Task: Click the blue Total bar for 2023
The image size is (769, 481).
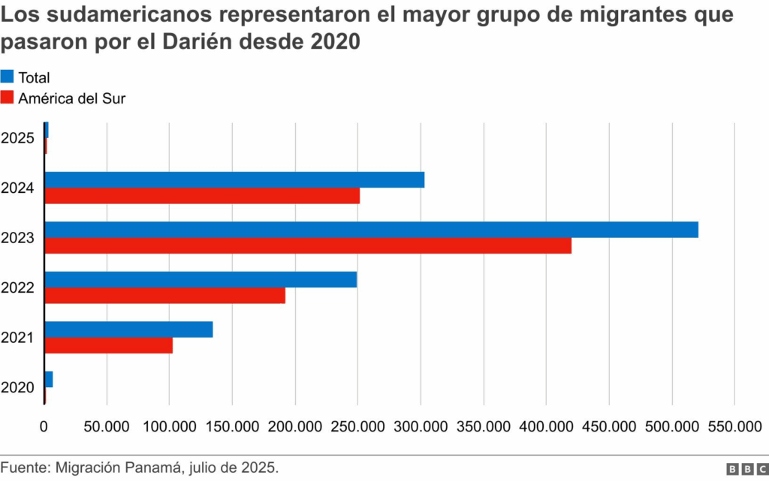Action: tap(372, 230)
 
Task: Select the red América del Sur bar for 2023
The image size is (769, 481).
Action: tap(308, 245)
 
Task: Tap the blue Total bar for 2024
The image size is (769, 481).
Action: tap(234, 180)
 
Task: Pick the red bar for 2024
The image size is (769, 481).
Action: tap(202, 196)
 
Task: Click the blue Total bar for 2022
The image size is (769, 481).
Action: tap(201, 279)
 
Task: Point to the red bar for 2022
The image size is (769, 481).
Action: tap(165, 296)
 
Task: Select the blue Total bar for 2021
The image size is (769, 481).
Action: tap(128, 329)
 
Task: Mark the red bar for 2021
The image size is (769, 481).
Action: tap(109, 345)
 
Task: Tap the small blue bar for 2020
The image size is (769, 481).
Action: tap(49, 379)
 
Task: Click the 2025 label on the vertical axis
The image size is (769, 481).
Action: tap(17, 138)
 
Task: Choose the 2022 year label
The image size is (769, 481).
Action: tap(17, 287)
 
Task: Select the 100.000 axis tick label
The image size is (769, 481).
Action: tap(170, 427)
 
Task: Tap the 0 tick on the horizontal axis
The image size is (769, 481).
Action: tap(44, 427)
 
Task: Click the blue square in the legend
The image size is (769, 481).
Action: tap(8, 77)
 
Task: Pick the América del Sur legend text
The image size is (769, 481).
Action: tap(72, 98)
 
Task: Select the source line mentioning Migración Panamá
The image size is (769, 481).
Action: tap(140, 467)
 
